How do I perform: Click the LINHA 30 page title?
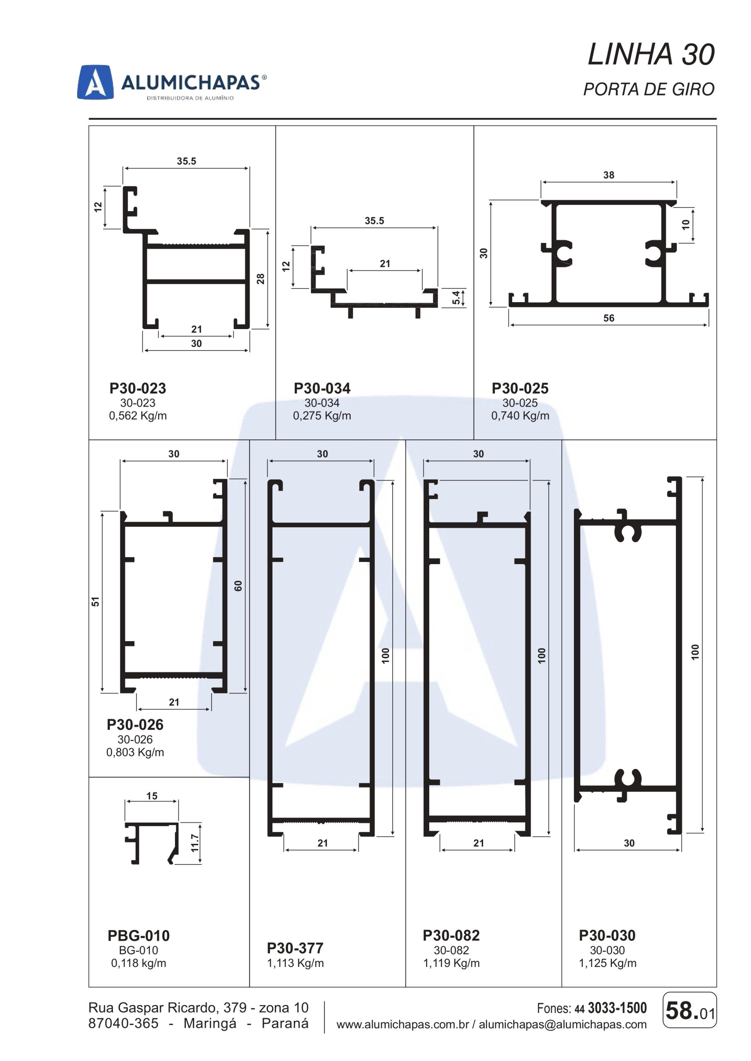tap(651, 55)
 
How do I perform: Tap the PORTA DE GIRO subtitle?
tap(649, 89)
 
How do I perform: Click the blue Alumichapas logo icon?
tap(95, 82)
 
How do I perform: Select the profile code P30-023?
tap(138, 388)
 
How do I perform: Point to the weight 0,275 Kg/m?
tap(322, 416)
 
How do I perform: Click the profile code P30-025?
tap(520, 388)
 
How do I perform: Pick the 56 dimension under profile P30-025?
tap(609, 318)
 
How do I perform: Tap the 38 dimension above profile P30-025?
tap(609, 175)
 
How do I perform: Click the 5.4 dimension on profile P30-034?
tap(457, 298)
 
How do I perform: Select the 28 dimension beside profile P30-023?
tap(261, 279)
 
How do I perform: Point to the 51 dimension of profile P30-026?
tap(95, 602)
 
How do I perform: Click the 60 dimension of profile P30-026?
tap(238, 586)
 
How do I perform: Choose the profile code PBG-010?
tap(139, 936)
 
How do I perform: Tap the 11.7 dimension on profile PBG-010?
tap(194, 843)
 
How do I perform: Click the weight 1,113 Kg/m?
tap(296, 964)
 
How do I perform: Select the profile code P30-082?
tap(451, 935)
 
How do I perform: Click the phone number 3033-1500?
tap(617, 1008)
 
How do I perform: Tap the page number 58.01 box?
tap(690, 1010)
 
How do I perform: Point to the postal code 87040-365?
tap(124, 1024)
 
